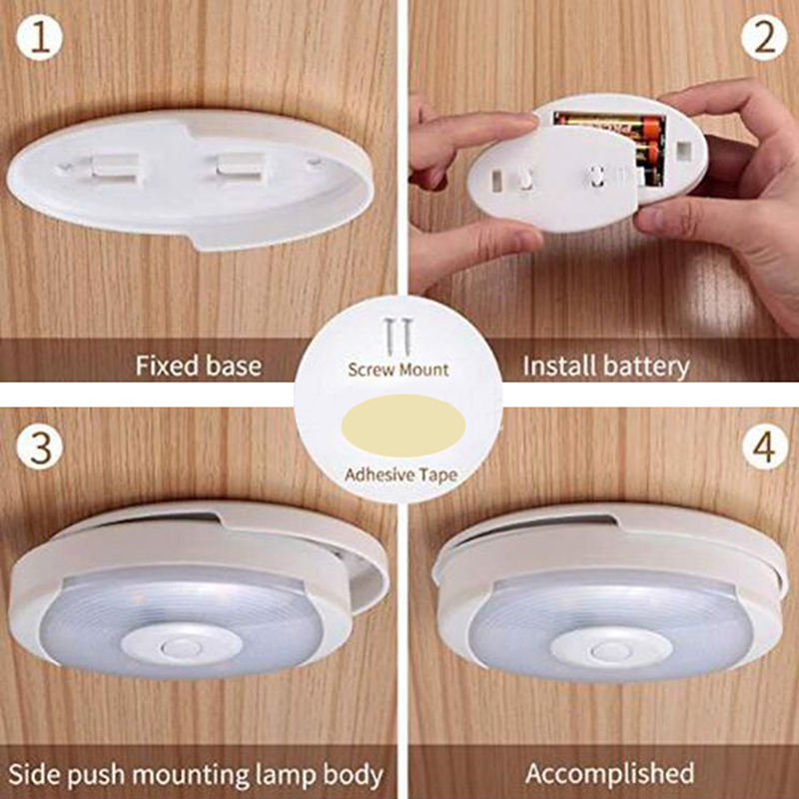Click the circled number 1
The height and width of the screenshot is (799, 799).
click(x=39, y=37)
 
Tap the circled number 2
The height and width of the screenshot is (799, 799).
click(x=764, y=37)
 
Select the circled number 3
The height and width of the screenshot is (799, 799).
click(x=40, y=446)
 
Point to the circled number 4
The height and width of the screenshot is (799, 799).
click(x=765, y=446)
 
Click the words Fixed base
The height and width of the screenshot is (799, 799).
click(x=199, y=366)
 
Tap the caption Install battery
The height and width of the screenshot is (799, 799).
click(x=606, y=367)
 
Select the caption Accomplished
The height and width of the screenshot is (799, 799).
click(x=609, y=773)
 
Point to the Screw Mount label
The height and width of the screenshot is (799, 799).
click(x=398, y=370)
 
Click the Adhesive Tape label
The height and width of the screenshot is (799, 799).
click(x=401, y=475)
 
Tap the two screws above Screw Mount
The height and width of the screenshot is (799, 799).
click(x=399, y=337)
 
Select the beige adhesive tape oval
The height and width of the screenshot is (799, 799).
click(x=403, y=425)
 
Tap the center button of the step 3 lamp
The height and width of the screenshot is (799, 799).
click(x=181, y=648)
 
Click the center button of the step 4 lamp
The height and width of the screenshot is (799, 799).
click(x=611, y=651)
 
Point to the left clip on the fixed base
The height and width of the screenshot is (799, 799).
click(x=115, y=168)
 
